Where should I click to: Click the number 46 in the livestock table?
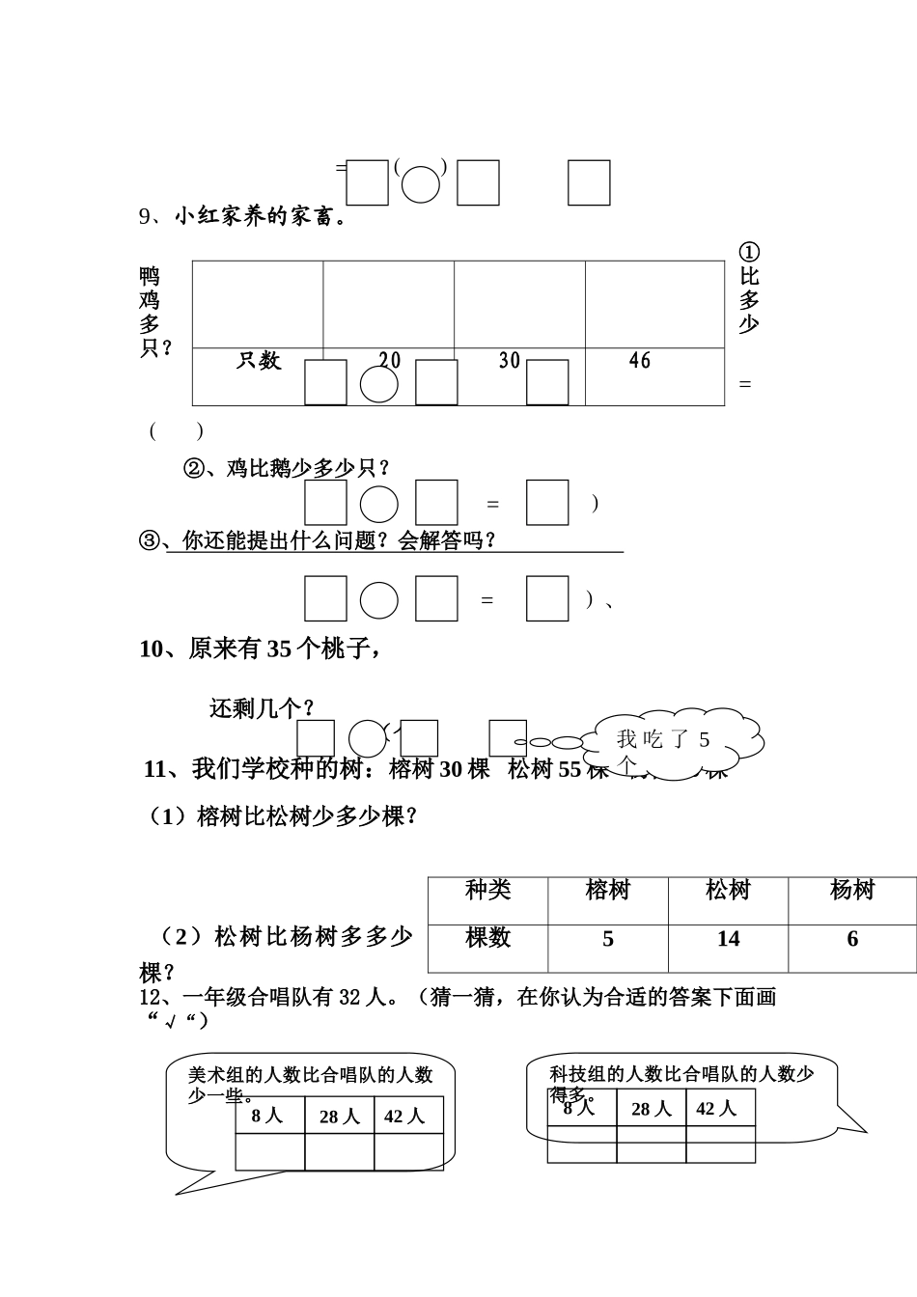(x=639, y=361)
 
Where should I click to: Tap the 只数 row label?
(x=259, y=361)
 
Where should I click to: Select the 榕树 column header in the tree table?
(x=607, y=890)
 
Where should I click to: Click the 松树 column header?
(x=728, y=890)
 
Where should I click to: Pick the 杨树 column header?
(x=851, y=890)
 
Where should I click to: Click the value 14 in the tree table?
(x=728, y=939)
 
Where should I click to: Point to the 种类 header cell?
(x=487, y=890)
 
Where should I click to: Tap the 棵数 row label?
(x=487, y=938)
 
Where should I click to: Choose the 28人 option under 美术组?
(x=339, y=1117)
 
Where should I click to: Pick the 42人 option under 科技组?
(x=716, y=1109)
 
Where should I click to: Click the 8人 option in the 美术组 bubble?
(x=267, y=1117)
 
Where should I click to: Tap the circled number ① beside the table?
(x=749, y=252)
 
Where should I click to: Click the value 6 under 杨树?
(x=851, y=939)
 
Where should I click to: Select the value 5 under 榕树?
(x=607, y=939)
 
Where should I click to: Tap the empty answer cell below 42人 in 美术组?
(x=408, y=1151)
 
